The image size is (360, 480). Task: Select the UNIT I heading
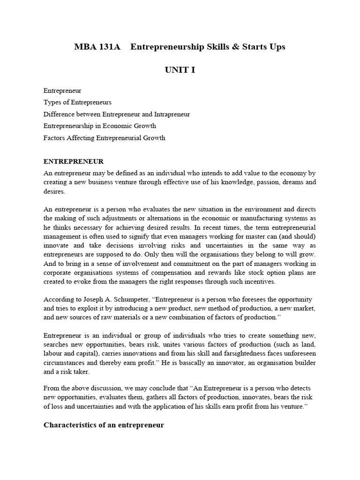point(180,70)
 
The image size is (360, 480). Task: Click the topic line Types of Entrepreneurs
point(77,102)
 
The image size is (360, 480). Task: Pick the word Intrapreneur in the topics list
point(172,114)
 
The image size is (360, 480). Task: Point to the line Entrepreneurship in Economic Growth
point(99,126)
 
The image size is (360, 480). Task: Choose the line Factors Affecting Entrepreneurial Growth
point(104,138)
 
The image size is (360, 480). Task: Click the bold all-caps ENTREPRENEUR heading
point(73,162)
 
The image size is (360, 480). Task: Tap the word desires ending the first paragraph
point(55,191)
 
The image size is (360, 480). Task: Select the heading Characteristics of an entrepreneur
point(104,425)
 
